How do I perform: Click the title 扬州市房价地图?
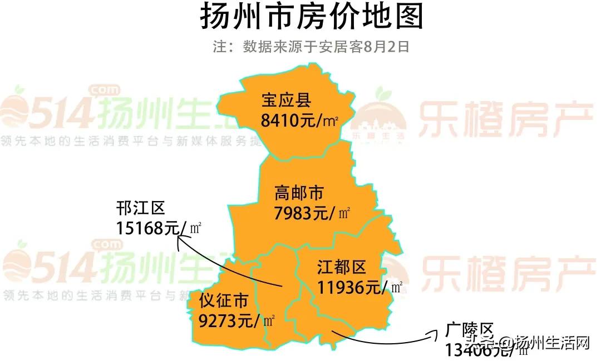(x=311, y=17)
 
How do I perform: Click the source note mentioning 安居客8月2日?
(x=311, y=47)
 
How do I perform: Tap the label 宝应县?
(x=286, y=101)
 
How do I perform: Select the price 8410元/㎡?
(x=299, y=120)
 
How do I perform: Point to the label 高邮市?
(x=299, y=193)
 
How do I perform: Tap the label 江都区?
(x=342, y=268)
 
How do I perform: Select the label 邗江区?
(x=141, y=209)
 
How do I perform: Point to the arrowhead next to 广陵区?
(x=433, y=333)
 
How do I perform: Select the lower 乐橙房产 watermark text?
(x=504, y=270)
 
